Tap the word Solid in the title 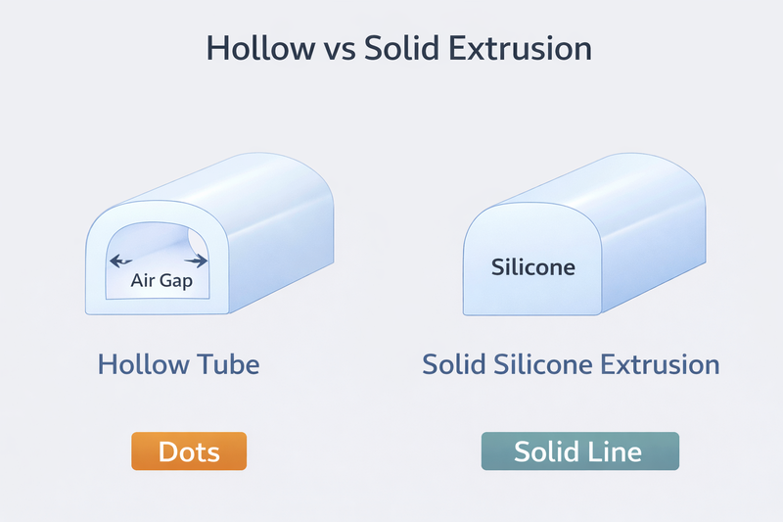[x=402, y=49]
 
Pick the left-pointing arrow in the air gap [x=120, y=261]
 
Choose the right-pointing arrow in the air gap [x=200, y=261]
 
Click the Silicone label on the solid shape [x=532, y=266]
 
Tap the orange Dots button [x=189, y=452]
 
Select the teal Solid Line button [x=579, y=452]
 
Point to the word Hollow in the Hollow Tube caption [x=143, y=366]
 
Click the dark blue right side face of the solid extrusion [x=656, y=245]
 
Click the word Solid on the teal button [x=549, y=452]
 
